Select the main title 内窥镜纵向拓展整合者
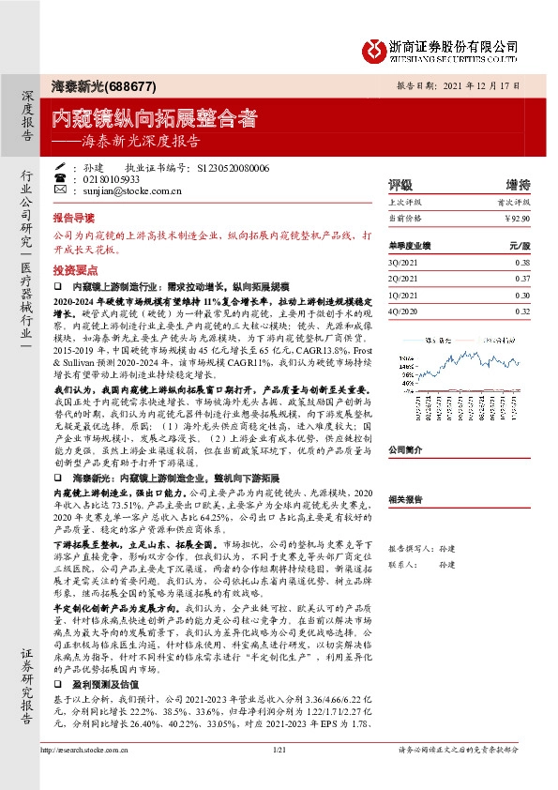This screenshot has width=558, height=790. point(154,118)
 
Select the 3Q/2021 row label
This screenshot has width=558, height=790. point(401,263)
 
